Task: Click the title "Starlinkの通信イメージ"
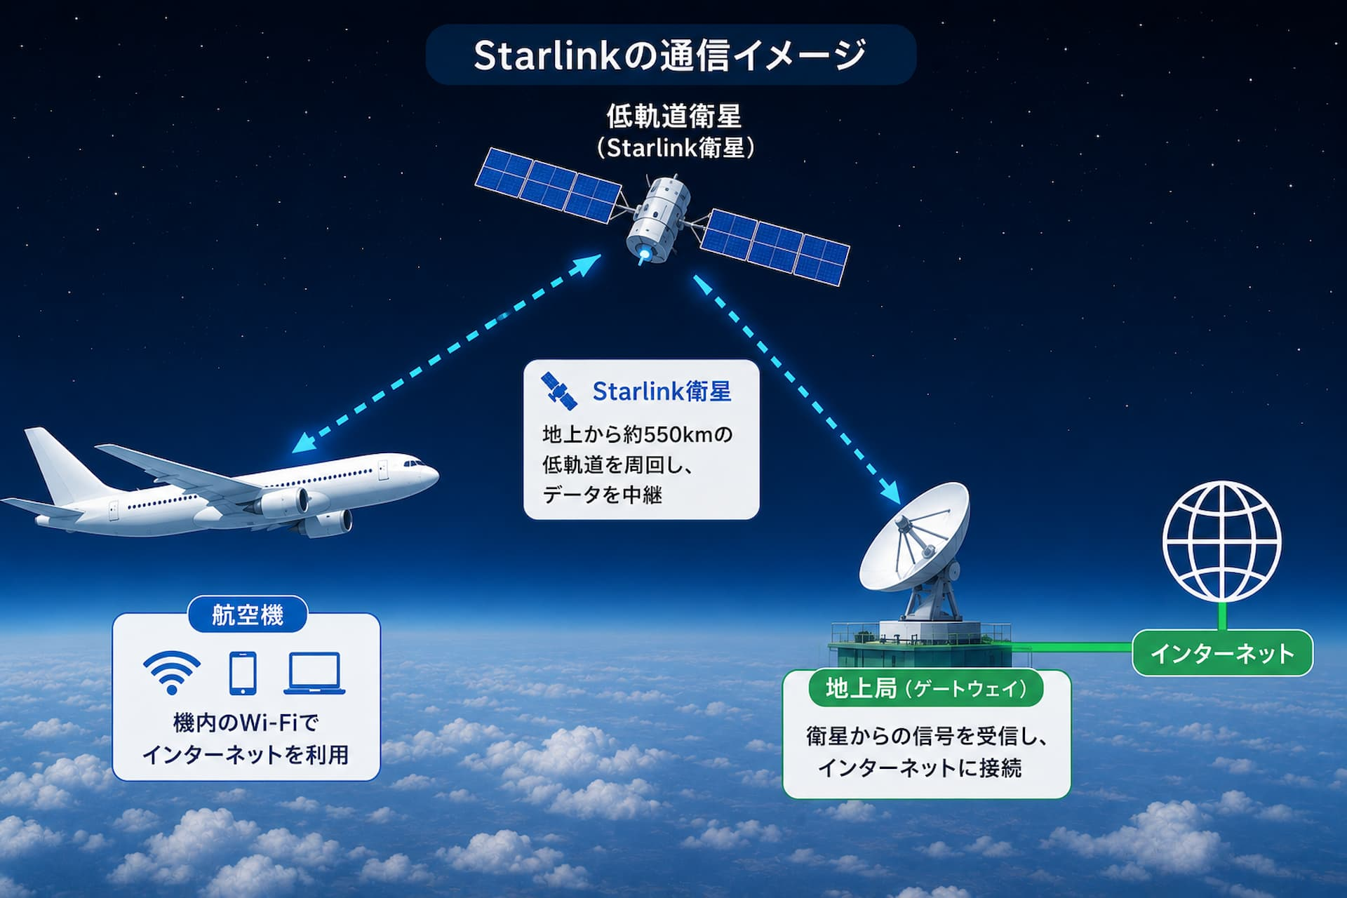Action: pyautogui.click(x=670, y=55)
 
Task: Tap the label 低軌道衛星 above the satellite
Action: pyautogui.click(x=673, y=116)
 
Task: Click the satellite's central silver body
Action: pyautogui.click(x=657, y=219)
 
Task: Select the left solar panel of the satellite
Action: pyautogui.click(x=548, y=185)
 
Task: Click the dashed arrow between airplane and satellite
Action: pyautogui.click(x=446, y=354)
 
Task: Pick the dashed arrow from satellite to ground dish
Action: pyautogui.click(x=798, y=389)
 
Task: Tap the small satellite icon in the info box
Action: pyautogui.click(x=559, y=391)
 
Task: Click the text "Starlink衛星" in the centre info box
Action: pyautogui.click(x=662, y=391)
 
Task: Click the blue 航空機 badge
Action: pyautogui.click(x=248, y=615)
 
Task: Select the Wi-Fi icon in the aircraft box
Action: pyautogui.click(x=172, y=672)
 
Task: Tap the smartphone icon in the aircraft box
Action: pyautogui.click(x=243, y=673)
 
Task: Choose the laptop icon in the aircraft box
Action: pyautogui.click(x=314, y=673)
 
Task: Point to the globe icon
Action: pyautogui.click(x=1221, y=541)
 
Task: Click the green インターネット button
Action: pyautogui.click(x=1222, y=653)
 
